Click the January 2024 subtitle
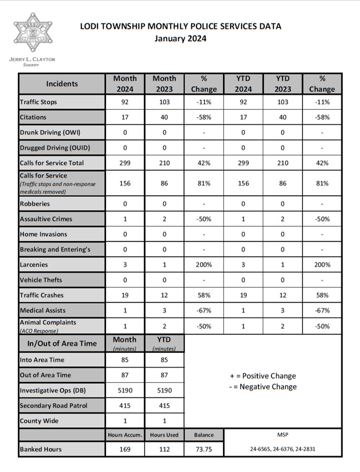pos(180,39)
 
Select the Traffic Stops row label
pos(38,102)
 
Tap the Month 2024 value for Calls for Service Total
pos(125,163)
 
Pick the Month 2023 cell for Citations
pos(164,117)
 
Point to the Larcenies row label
pos(34,265)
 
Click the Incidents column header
pos(62,84)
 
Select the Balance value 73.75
pos(204,449)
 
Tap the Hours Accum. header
pos(125,435)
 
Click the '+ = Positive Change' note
pos(263,376)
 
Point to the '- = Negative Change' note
pos(263,387)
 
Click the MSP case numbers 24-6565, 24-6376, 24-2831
pos(282,449)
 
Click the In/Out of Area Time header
pos(61,343)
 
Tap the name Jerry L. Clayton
pos(32,59)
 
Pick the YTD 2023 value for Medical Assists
pos(282,310)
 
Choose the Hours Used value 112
pos(164,449)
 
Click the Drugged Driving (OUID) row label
pos(55,147)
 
